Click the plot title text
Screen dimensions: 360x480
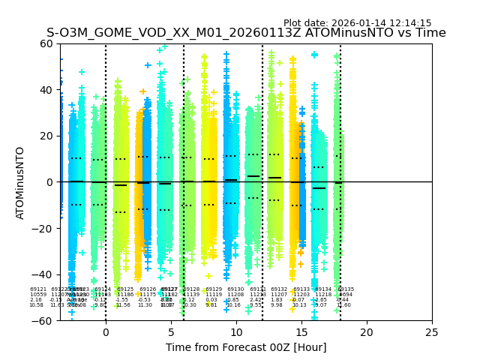pos(246,33)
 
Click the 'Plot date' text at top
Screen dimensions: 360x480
pos(357,23)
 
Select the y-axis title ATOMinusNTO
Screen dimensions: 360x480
pos(21,182)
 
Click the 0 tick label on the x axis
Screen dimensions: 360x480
pos(106,332)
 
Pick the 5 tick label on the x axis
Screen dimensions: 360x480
pos(171,332)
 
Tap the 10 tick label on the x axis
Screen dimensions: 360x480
pos(236,332)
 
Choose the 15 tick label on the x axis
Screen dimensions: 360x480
pos(301,332)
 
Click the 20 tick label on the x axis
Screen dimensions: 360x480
pos(367,332)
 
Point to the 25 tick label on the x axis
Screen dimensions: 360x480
pos(432,332)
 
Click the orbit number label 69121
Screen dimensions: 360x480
pos(37,289)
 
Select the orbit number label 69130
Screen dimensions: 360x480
pos(235,289)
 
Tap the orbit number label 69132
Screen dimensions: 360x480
pos(279,289)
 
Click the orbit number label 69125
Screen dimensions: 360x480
pos(125,289)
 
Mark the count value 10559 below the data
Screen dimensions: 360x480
pos(37,295)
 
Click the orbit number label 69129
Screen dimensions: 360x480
pos(214,289)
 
